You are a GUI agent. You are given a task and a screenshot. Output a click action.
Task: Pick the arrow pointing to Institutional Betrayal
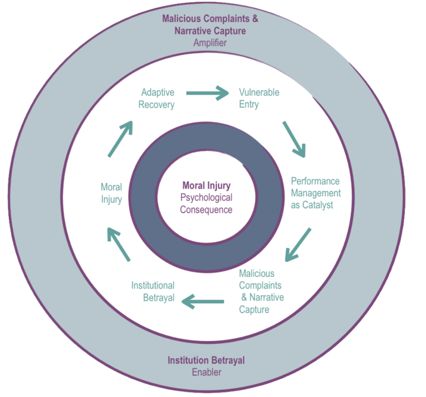203,302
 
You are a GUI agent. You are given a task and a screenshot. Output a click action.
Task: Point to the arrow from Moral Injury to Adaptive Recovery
120,138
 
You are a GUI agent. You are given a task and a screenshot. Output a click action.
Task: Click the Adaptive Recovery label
158,98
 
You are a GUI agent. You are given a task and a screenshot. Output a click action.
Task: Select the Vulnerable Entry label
258,98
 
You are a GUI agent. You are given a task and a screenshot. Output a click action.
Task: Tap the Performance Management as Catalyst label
315,193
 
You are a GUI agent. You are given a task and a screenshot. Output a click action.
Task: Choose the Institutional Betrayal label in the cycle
153,292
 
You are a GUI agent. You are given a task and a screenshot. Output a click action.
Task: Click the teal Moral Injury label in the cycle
111,193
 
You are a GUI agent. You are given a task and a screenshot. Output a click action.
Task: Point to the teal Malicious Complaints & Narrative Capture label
261,292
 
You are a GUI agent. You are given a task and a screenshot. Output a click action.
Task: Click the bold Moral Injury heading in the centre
206,185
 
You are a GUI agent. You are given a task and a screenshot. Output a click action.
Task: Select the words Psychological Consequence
206,203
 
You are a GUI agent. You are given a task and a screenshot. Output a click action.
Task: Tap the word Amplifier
210,43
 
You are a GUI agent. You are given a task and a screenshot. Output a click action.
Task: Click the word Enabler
206,372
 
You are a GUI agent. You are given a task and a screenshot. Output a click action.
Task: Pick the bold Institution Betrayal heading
206,360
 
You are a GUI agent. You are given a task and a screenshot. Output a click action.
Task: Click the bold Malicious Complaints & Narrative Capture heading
210,24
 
